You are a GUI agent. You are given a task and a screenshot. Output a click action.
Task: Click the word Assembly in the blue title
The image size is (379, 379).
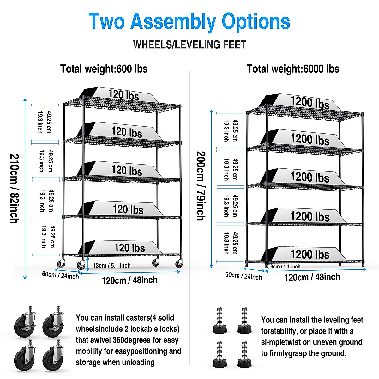173,21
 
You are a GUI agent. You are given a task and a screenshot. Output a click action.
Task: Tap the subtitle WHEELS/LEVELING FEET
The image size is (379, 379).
189,45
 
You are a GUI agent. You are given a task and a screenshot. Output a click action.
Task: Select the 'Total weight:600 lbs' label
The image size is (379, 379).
104,69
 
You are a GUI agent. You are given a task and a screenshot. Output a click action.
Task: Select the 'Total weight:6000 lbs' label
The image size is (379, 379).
293,69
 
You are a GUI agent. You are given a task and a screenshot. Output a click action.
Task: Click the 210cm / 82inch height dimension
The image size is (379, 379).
15,189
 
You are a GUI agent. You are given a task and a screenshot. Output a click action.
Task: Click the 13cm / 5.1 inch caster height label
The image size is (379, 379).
111,266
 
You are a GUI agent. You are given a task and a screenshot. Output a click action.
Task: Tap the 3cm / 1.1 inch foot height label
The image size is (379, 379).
285,267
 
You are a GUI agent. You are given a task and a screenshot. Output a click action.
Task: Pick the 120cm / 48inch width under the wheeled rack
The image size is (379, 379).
129,280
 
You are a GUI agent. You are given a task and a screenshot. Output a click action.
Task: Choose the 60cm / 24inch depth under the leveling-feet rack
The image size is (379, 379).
244,276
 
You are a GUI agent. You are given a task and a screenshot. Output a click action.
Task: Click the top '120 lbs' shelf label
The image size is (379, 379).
123,95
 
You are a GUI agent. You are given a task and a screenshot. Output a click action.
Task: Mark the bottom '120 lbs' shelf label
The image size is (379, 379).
129,248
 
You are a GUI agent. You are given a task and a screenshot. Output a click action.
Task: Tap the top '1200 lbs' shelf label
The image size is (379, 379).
310,103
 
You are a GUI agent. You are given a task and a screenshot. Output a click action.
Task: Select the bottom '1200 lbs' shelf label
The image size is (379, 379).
310,254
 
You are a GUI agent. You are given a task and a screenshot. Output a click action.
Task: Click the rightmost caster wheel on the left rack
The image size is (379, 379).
179,263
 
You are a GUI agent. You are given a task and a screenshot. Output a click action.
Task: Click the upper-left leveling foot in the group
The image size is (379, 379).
220,321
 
